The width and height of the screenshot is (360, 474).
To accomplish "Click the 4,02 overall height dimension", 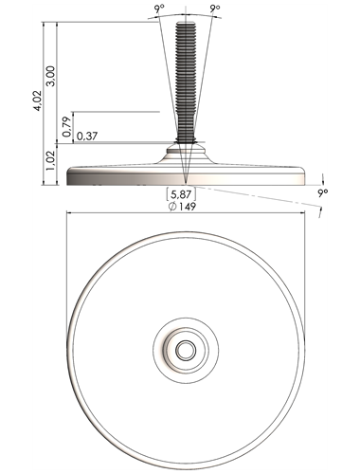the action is click(38, 100).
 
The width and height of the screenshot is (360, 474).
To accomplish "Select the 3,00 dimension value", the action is click(51, 76).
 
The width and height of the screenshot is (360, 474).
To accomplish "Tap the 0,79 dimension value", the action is click(67, 127).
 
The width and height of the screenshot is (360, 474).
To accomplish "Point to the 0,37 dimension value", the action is click(87, 137).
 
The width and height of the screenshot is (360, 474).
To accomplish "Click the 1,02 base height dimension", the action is click(51, 160).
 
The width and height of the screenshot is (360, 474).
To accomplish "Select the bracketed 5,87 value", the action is click(181, 193).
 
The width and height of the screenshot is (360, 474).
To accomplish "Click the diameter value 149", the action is click(188, 207).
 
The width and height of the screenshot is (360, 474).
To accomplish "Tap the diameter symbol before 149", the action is click(172, 207).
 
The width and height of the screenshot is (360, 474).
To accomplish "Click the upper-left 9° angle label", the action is click(160, 9).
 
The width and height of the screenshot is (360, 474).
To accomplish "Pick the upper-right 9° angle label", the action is click(215, 9).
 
